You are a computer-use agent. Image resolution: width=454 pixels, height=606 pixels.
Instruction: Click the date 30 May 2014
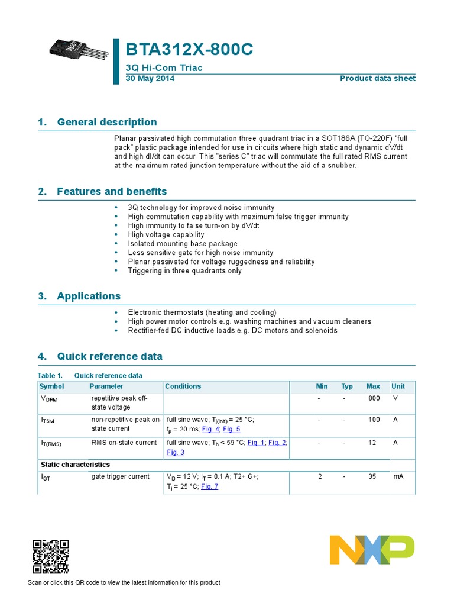pyautogui.click(x=147, y=79)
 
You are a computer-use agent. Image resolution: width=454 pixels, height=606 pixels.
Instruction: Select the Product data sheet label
pyautogui.click(x=377, y=79)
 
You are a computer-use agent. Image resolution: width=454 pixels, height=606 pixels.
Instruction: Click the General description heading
pyautogui.click(x=106, y=123)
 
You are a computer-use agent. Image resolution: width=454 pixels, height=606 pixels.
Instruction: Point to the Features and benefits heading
pyautogui.click(x=112, y=192)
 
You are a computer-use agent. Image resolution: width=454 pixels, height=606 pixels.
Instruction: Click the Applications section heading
pyautogui.click(x=88, y=296)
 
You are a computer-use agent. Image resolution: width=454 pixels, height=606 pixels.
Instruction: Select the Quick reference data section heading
pyautogui.click(x=109, y=357)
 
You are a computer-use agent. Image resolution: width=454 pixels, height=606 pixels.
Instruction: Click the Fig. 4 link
pyautogui.click(x=210, y=429)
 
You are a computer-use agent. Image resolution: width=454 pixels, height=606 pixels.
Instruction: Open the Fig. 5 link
pyautogui.click(x=231, y=429)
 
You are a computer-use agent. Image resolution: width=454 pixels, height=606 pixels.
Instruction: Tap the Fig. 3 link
pyautogui.click(x=176, y=452)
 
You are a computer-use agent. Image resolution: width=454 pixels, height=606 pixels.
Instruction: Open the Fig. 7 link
pyautogui.click(x=210, y=486)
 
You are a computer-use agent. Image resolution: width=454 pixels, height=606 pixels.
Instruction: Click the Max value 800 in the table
pyautogui.click(x=374, y=399)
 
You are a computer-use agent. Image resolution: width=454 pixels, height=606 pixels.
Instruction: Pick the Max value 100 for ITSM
pyautogui.click(x=374, y=420)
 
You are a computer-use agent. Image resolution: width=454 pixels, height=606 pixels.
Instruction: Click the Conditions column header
pyautogui.click(x=183, y=386)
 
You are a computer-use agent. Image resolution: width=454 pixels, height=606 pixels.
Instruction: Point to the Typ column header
pyautogui.click(x=347, y=386)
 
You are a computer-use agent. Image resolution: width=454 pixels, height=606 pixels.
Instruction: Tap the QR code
pyautogui.click(x=50, y=557)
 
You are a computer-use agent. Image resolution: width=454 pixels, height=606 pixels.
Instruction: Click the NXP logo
pyautogui.click(x=372, y=550)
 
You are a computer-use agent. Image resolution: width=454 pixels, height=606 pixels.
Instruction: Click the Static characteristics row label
pyautogui.click(x=74, y=465)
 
